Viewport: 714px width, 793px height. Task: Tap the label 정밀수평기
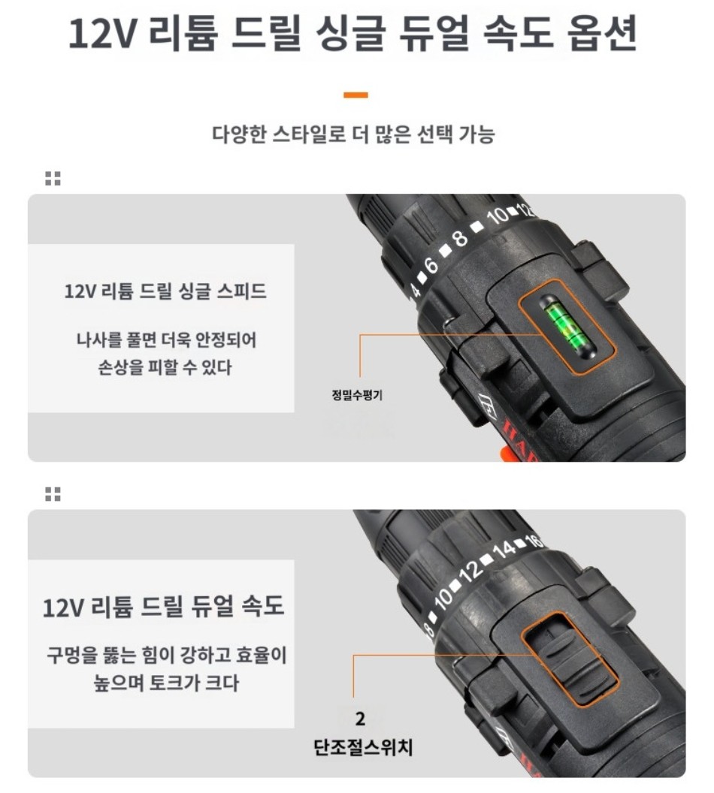tap(357, 395)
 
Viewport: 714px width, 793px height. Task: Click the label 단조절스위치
tap(363, 747)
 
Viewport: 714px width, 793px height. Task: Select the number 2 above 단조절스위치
tap(360, 719)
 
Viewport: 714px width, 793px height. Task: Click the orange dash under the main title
tap(355, 95)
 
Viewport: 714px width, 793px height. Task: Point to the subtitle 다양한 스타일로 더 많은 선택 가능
tap(353, 134)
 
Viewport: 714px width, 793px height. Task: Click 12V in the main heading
tap(103, 35)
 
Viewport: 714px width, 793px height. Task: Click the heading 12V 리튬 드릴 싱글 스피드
tap(165, 291)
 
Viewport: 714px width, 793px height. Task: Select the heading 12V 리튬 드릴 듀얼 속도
tap(163, 606)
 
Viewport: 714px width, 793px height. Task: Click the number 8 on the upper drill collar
tap(459, 237)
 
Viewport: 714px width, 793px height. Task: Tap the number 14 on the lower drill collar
tap(504, 550)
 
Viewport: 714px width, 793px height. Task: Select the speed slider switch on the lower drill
tap(570, 659)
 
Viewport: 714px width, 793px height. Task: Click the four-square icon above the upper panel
tap(53, 179)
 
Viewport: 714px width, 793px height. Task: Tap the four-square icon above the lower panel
tap(53, 494)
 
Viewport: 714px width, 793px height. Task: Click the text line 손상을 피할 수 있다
tap(165, 367)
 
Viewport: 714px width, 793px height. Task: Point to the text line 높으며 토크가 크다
tap(166, 683)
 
